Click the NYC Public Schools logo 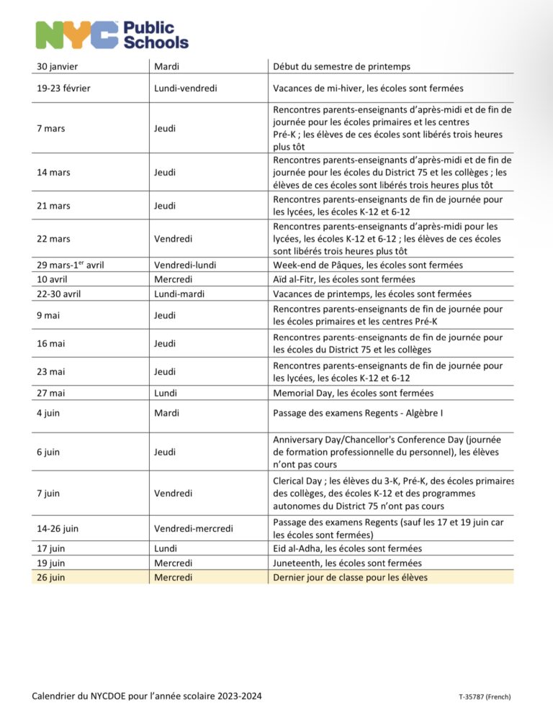click(112, 35)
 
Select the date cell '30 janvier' click(58, 67)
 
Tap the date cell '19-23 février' click(65, 88)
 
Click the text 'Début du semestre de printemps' click(341, 67)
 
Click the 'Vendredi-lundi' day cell click(184, 265)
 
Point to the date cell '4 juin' click(48, 413)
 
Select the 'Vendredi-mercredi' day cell click(194, 529)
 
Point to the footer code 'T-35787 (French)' click(484, 696)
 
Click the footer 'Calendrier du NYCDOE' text click(148, 695)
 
